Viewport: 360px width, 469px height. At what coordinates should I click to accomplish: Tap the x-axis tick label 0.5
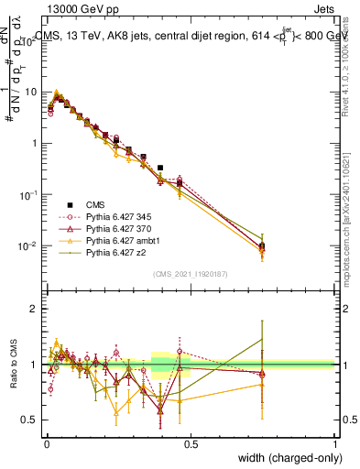[x=190, y=443]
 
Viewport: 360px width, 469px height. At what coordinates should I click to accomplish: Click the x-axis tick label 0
[x=46, y=443]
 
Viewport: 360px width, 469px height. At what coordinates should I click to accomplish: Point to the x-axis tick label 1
[x=334, y=443]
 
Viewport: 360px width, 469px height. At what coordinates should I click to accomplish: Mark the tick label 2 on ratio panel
[x=35, y=309]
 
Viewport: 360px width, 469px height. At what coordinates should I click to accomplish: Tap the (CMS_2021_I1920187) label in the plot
[x=190, y=273]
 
